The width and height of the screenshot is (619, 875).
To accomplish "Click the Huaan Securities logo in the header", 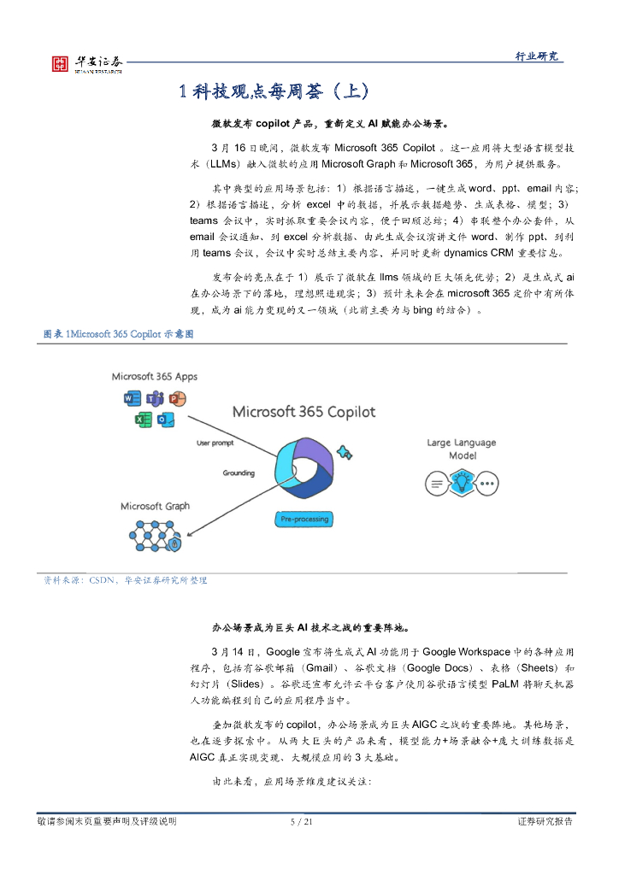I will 85,63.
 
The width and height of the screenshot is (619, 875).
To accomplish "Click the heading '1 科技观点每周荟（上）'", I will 274,92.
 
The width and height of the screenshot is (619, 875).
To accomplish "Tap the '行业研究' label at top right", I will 536,56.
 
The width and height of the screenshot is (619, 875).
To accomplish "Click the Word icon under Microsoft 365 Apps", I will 133,399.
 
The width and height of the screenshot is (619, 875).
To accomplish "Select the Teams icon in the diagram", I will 155,399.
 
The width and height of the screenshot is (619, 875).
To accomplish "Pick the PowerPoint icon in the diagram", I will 177,399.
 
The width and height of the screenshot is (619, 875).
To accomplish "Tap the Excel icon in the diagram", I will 144,419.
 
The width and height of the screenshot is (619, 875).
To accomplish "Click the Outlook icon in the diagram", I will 166,419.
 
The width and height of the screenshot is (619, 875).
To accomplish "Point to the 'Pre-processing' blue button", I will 304,519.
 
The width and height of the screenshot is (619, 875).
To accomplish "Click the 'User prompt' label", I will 215,443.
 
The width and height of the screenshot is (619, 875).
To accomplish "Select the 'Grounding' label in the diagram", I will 239,473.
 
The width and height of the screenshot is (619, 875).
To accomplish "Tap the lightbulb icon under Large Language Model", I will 462,484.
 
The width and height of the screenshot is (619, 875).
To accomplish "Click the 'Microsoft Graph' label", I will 154,507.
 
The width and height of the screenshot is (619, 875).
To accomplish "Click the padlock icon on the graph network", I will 175,543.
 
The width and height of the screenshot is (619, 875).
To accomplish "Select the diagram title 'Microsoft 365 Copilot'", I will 304,412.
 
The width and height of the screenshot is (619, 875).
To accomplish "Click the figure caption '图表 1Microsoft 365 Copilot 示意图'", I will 119,334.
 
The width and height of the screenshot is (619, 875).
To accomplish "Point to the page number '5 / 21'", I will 302,822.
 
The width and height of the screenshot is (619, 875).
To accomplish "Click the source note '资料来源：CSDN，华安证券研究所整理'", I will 126,580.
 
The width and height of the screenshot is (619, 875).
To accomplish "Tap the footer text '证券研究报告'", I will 545,822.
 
